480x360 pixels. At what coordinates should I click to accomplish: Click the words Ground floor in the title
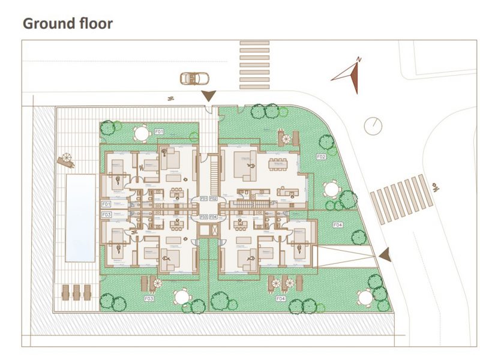tap(67, 24)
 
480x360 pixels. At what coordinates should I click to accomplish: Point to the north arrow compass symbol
tap(349, 76)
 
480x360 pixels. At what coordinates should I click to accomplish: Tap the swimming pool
tap(79, 218)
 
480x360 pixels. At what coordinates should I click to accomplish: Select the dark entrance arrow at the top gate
tap(209, 95)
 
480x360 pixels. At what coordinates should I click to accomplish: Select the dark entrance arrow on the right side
tap(383, 255)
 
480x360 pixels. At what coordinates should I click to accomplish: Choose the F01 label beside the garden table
tap(160, 131)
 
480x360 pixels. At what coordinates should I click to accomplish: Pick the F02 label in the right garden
tap(320, 157)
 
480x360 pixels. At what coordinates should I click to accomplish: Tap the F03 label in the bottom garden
tap(149, 298)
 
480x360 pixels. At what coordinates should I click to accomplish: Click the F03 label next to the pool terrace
tap(106, 214)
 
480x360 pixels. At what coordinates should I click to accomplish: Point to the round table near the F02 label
tap(331, 189)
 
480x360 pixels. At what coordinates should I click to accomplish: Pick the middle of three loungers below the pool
tap(76, 292)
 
